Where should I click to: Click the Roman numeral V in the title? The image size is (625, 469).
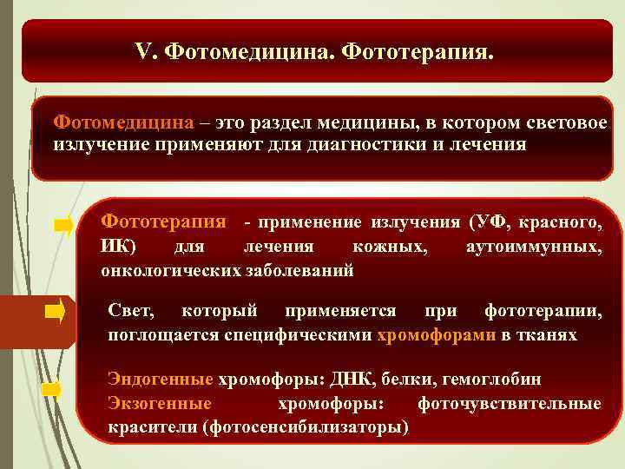[x=143, y=52]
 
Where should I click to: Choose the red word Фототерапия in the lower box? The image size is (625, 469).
[x=163, y=222]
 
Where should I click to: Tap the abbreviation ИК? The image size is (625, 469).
[x=116, y=248]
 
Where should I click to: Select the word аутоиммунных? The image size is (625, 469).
[x=533, y=248]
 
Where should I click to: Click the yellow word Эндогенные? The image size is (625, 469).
[x=160, y=380]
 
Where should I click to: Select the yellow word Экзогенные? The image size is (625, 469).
[x=160, y=404]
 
